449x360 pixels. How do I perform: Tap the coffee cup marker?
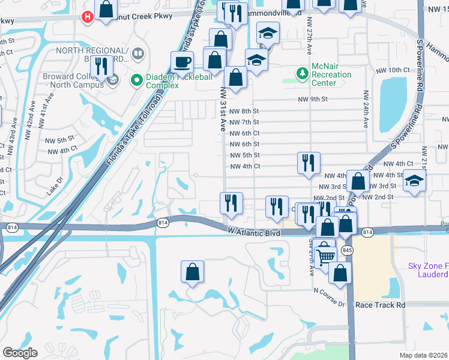[x=182, y=61]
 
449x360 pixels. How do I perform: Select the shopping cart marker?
[x=325, y=256]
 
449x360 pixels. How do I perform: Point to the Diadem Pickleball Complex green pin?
[x=137, y=78]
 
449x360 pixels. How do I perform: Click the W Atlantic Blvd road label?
[x=255, y=231]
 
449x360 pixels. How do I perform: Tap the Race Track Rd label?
[x=379, y=305]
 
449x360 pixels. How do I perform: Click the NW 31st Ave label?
[x=223, y=109]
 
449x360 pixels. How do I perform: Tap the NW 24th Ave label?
[x=364, y=110]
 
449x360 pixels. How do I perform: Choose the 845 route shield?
[x=347, y=249]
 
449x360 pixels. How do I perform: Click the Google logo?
[x=20, y=352]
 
